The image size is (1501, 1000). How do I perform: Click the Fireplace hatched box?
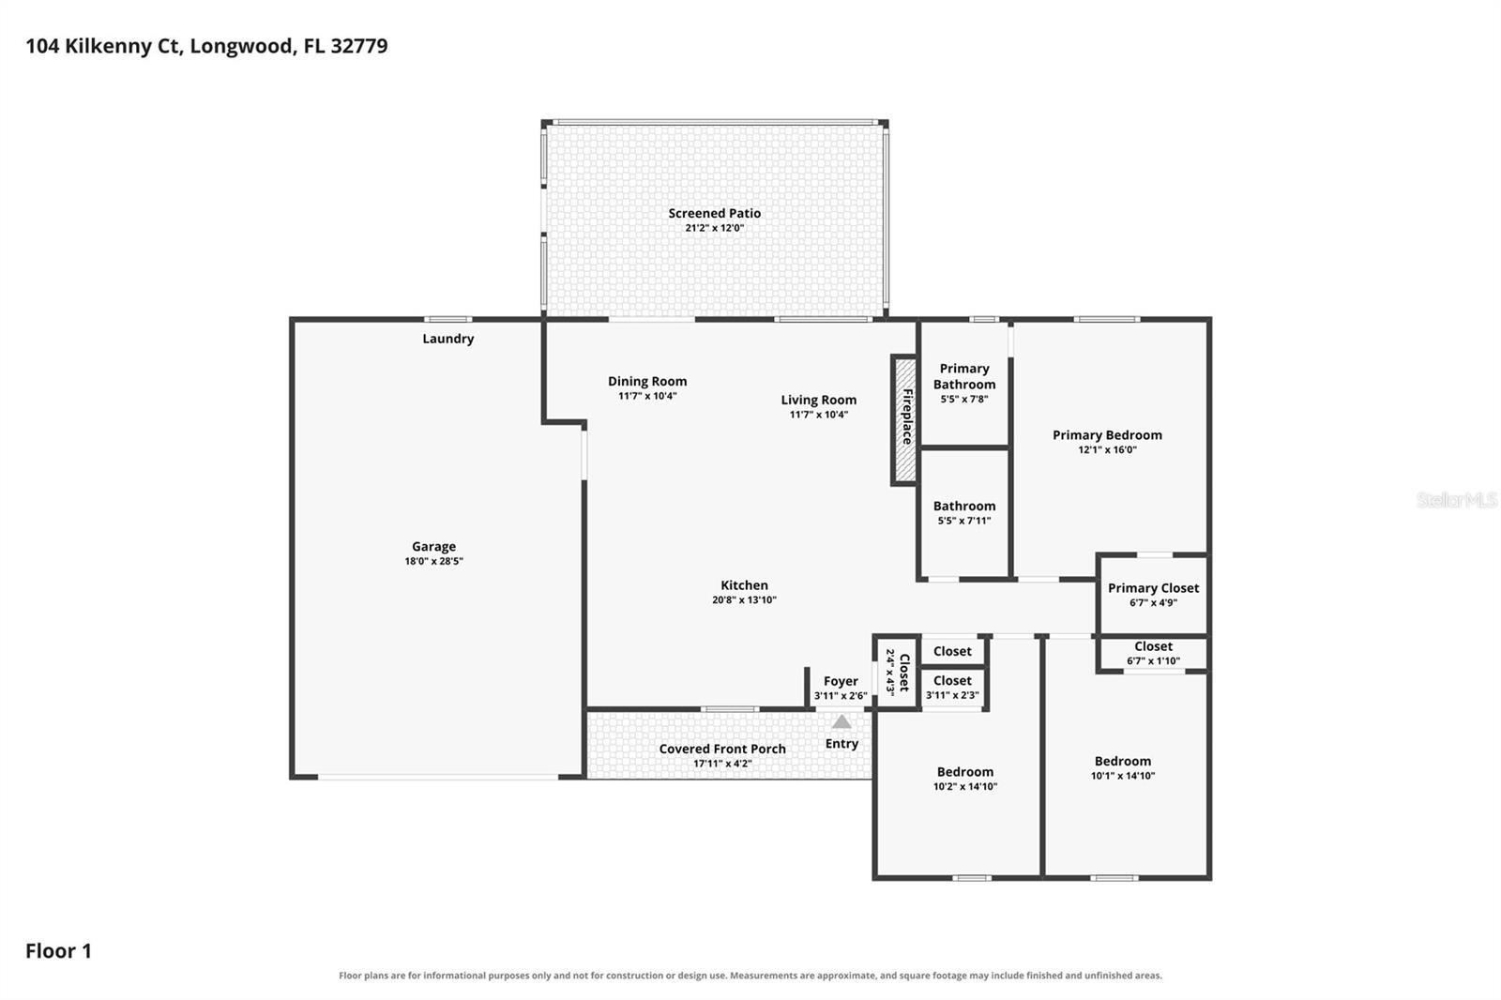[904, 420]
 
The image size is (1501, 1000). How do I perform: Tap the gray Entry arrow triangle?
[841, 721]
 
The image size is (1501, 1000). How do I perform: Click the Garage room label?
[433, 546]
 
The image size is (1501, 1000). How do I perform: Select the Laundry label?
[447, 339]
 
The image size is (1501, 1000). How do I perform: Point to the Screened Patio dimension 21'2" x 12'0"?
[714, 228]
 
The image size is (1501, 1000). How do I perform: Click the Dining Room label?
[647, 382]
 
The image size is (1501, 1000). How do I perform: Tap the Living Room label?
[818, 401]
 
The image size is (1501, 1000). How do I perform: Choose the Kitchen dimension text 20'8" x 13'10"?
[744, 599]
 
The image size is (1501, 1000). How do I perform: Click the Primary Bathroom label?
[964, 376]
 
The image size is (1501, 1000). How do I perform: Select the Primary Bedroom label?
[1107, 435]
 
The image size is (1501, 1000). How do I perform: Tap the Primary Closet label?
[1153, 588]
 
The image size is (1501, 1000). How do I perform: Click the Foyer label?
[841, 681]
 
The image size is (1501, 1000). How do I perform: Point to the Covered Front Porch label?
[722, 749]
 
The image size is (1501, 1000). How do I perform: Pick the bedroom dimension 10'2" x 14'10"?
[965, 786]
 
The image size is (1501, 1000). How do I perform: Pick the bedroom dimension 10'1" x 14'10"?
[1122, 776]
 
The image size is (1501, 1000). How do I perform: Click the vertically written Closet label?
[904, 673]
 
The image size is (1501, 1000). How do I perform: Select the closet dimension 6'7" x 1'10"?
[1153, 660]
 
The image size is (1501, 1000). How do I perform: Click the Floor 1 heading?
[58, 950]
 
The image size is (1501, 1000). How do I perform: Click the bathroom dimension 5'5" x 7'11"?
[964, 521]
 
